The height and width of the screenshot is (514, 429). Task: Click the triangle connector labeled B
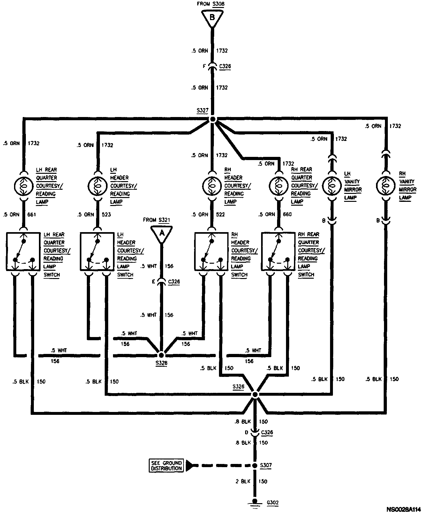tap(212, 18)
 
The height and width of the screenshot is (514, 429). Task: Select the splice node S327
tap(213, 120)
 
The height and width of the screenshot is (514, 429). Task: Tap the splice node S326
tap(255, 395)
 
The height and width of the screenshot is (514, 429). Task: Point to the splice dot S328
tap(161, 355)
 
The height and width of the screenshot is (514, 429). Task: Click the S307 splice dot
tap(254, 466)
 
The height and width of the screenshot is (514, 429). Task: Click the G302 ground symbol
tap(254, 503)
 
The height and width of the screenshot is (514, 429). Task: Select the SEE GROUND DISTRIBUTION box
tap(166, 466)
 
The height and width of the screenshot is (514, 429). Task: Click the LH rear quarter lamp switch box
tap(23, 252)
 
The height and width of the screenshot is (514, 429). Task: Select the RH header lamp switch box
tap(212, 252)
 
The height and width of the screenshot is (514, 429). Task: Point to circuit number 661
tap(32, 215)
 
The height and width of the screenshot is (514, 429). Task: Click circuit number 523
tap(106, 215)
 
